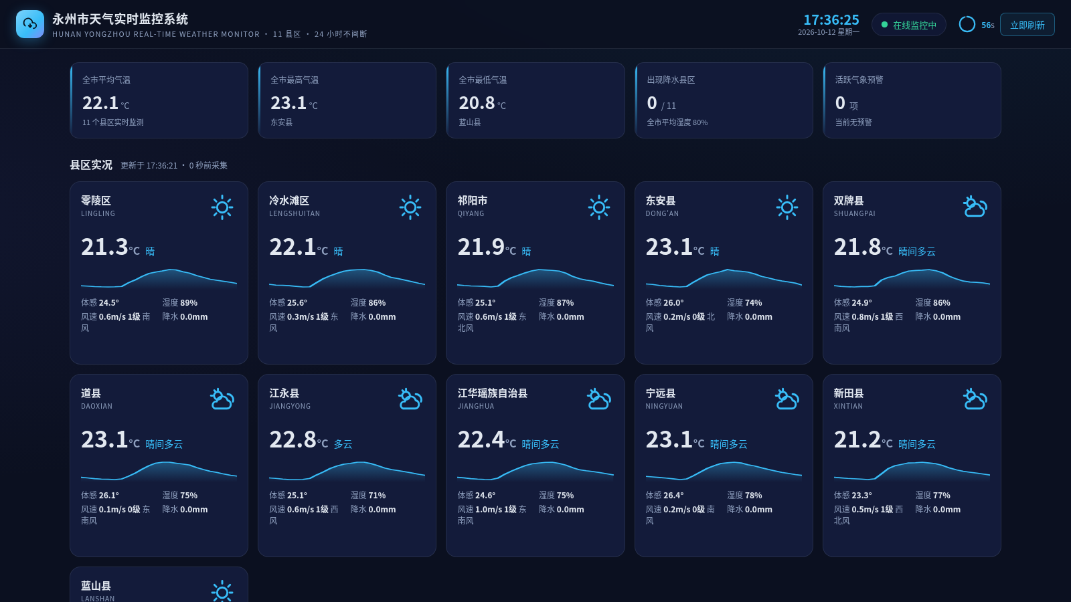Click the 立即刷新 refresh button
click(x=1027, y=25)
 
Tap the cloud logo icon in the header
click(x=30, y=24)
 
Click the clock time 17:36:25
click(x=831, y=19)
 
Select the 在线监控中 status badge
click(x=908, y=25)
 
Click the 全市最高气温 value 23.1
click(x=289, y=103)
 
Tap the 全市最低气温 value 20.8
click(x=477, y=103)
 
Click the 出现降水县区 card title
click(x=671, y=80)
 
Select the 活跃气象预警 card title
click(x=859, y=80)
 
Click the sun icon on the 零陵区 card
click(x=222, y=207)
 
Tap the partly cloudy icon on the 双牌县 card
click(x=975, y=207)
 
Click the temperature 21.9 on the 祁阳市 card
click(x=481, y=247)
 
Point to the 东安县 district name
click(x=660, y=201)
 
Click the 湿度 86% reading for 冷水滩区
click(x=368, y=302)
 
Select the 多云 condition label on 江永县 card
click(x=343, y=444)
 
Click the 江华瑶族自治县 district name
click(x=493, y=393)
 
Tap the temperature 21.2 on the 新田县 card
click(x=857, y=439)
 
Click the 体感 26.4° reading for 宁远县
click(x=665, y=495)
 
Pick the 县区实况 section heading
click(x=91, y=165)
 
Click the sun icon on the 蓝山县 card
click(x=222, y=591)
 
